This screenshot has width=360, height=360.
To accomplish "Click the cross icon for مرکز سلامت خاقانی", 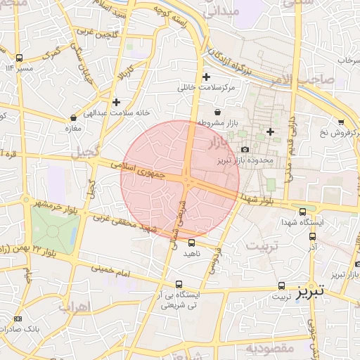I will coord(206,77).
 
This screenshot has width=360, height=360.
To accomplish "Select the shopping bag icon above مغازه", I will coord(74,117).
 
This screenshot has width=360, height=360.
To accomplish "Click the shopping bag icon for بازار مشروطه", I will coord(217,112).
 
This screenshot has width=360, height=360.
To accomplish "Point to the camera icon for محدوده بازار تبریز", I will coord(245,149).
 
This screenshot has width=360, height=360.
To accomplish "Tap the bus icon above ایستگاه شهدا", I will coord(302,212).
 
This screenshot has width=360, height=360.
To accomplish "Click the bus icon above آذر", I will coord(312,237).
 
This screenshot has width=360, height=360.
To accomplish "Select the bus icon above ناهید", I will coord(192,242).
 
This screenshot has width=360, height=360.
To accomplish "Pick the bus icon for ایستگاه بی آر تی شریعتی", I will coord(179,285).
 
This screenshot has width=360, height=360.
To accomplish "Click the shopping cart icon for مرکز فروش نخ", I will coord(341,122).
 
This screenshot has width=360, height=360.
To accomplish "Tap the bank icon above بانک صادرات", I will coord(18,319).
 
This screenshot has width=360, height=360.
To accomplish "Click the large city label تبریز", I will coord(310,290).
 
